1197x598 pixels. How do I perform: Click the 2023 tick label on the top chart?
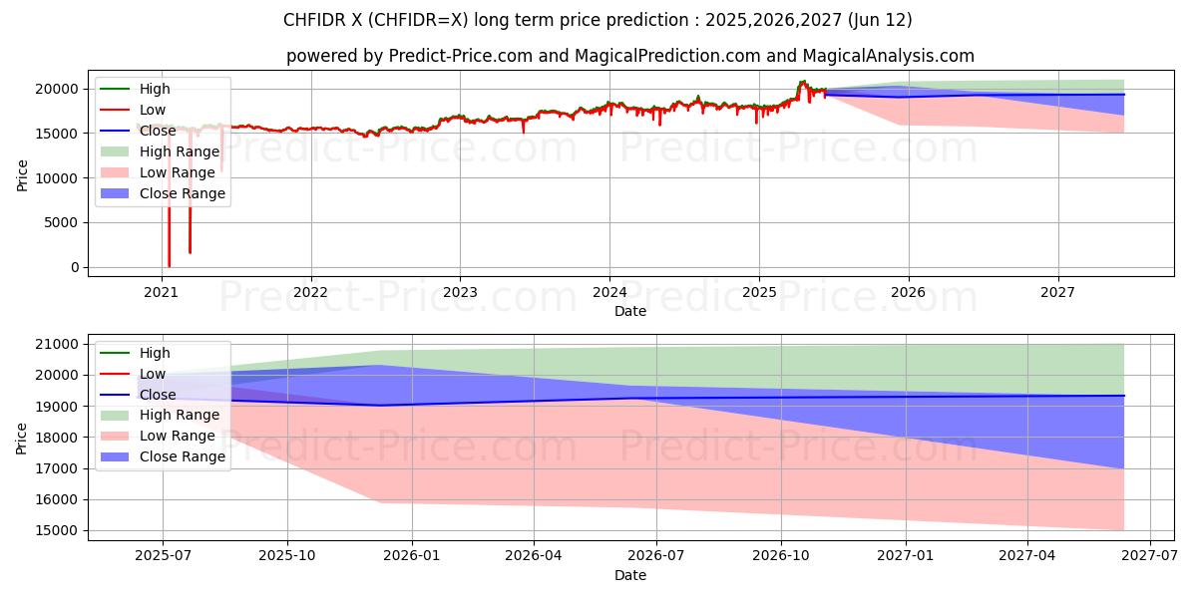460,292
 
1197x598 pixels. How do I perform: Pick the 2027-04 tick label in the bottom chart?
1027,556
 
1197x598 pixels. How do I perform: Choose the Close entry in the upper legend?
159,131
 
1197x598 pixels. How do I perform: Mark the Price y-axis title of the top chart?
23,174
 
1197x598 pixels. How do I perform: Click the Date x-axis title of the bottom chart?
630,575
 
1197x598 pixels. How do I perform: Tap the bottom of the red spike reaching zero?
169,266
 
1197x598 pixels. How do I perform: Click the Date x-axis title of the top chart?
630,311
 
